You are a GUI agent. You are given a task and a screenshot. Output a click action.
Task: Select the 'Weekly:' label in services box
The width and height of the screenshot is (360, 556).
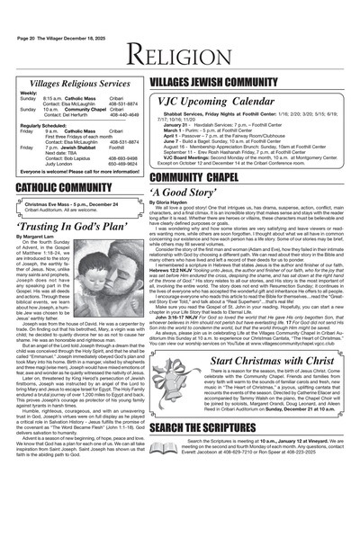[29, 93]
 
